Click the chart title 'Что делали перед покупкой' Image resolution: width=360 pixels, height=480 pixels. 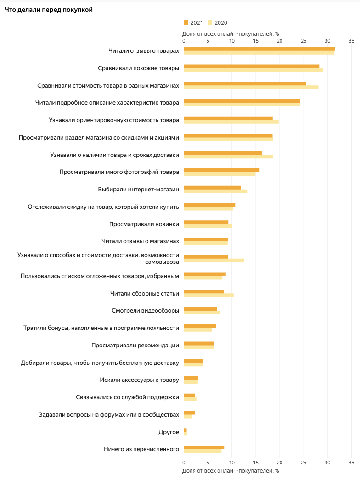(49, 10)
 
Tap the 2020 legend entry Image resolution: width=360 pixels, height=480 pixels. (217, 23)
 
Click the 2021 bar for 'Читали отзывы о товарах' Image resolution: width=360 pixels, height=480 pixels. (259, 49)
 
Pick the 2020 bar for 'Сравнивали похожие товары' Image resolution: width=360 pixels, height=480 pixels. (253, 70)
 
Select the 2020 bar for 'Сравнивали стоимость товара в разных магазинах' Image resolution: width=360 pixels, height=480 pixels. (251, 87)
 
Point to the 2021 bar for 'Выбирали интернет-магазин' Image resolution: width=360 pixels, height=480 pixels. (212, 187)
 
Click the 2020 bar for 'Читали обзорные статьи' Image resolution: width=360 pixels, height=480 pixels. (208, 295)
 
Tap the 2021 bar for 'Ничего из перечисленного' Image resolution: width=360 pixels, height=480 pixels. (204, 447)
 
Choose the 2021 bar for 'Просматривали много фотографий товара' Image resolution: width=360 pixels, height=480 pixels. (221, 170)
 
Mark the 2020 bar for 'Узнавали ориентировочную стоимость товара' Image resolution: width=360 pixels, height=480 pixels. (231, 122)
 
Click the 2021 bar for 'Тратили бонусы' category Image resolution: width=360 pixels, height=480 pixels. (200, 326)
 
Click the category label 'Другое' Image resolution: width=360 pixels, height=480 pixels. (169, 432)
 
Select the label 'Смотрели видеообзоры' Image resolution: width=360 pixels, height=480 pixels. (145, 310)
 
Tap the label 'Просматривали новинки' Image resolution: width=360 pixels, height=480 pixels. (144, 224)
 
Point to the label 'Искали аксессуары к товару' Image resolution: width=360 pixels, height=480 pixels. (139, 380)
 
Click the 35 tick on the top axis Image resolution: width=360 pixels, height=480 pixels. (351, 41)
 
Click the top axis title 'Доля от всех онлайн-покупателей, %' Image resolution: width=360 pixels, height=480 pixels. (231, 33)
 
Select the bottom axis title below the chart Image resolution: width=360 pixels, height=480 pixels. (231, 470)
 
